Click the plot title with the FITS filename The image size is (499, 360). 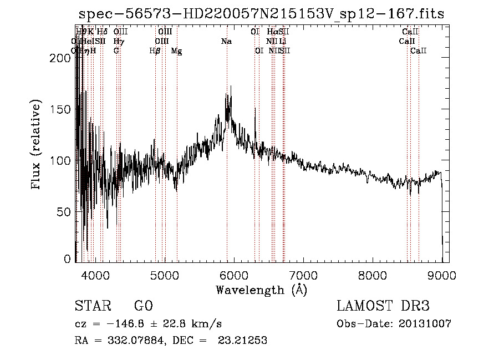click(x=261, y=13)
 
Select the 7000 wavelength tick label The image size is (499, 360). click(x=303, y=274)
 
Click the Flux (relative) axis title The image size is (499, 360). click(x=37, y=145)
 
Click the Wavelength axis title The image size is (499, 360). click(x=261, y=290)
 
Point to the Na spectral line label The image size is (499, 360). click(x=226, y=42)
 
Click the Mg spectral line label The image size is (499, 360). click(x=176, y=51)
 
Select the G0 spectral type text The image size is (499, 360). click(x=144, y=306)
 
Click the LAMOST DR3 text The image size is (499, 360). click(x=383, y=306)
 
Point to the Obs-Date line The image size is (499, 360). click(x=394, y=324)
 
